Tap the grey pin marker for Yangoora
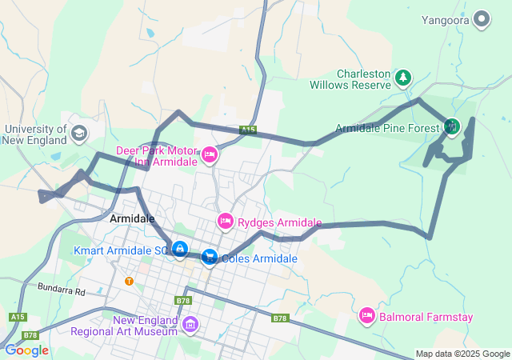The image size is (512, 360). click(x=482, y=17)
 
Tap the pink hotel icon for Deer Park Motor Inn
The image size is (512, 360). click(x=210, y=154)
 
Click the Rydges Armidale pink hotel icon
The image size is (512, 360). click(x=225, y=221)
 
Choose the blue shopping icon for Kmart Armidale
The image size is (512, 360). click(x=181, y=250)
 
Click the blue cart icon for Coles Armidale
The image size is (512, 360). click(x=209, y=258)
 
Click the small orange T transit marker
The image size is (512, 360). click(x=129, y=281)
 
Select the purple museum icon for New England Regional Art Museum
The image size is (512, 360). click(x=190, y=324)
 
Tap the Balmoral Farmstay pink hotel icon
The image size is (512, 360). click(x=367, y=317)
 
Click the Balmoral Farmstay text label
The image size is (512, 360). click(x=426, y=318)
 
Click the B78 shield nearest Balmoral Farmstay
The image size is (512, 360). click(x=278, y=318)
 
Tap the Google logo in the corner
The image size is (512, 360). click(x=26, y=350)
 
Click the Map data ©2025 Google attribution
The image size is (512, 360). click(x=462, y=354)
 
